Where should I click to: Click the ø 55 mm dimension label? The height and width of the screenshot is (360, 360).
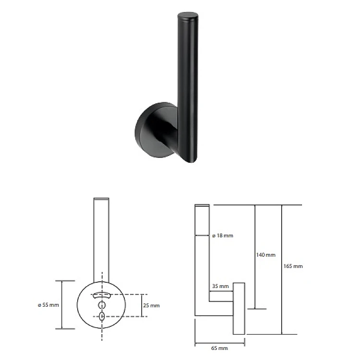pos(48,305)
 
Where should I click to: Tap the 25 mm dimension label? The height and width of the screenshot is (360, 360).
pos(151,305)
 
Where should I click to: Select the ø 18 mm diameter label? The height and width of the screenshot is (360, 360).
pos(223,236)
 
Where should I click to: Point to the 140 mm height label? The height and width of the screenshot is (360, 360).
pos(265,255)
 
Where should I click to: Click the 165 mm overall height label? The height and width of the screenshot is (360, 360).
pos(293,266)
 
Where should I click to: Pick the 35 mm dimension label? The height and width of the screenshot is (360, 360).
pos(220,286)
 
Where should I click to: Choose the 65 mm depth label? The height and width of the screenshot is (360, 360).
pos(219,348)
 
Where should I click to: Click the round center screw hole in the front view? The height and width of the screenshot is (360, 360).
pos(102,305)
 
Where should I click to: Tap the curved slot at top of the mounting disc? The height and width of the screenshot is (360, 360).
pos(101,295)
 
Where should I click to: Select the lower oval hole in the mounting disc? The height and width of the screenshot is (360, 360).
pos(102,316)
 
